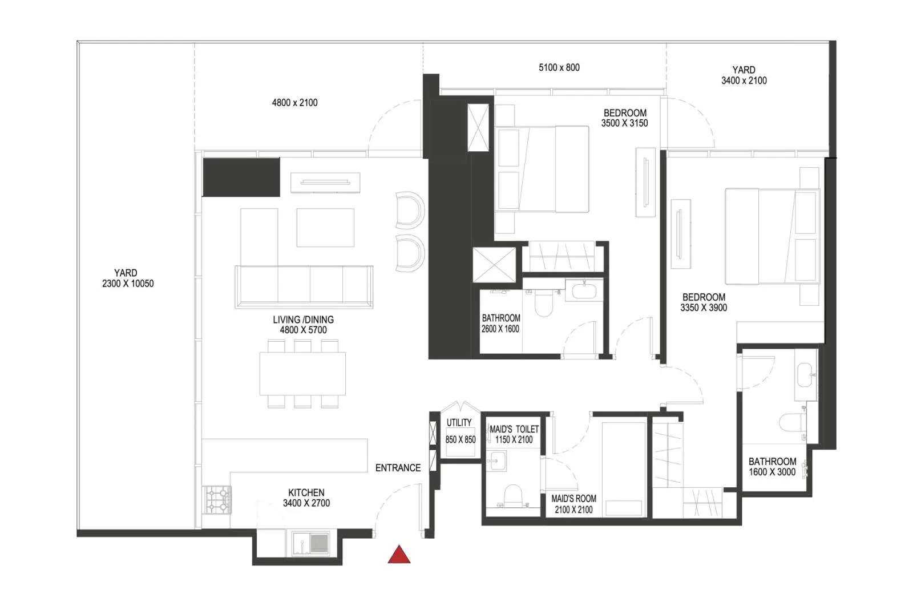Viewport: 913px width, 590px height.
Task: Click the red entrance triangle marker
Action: pos(399,555)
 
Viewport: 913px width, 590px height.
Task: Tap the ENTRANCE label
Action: pos(398,468)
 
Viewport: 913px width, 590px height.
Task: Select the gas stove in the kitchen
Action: pos(217,499)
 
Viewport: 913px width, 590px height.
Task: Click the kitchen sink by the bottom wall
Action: pos(310,544)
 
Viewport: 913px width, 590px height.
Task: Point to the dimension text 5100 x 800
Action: pos(559,68)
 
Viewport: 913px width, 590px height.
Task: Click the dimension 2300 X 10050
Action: pos(128,284)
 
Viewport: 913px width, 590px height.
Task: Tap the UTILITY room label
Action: pos(459,423)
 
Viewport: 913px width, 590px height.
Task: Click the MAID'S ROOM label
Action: pos(573,498)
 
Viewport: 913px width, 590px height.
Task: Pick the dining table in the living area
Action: pos(302,373)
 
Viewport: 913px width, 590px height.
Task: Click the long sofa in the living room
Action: pos(304,287)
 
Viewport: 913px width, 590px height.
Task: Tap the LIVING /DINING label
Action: pos(303,320)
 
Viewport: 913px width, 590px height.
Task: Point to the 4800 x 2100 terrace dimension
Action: pos(294,103)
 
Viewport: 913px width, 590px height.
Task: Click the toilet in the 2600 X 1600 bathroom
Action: pos(543,303)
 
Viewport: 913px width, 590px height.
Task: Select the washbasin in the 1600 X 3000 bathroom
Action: pos(806,375)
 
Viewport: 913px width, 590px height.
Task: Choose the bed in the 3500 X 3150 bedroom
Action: pos(542,169)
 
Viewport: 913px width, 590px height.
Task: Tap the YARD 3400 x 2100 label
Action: pos(744,75)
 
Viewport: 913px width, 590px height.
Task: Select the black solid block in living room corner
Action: pos(241,177)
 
